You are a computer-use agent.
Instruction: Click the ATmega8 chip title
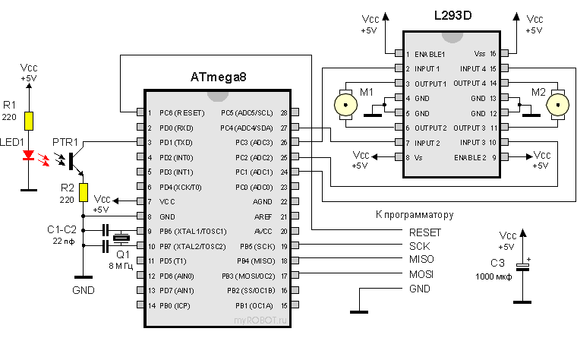pos(219,77)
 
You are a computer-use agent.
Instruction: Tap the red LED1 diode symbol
pos(29,156)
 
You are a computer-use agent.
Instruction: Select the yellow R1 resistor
pos(29,120)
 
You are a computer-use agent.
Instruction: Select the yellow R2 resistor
pos(84,193)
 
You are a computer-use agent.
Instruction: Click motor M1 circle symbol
pos(345,102)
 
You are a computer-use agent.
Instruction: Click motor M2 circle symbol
pos(559,102)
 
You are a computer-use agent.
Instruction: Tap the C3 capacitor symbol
pos(522,267)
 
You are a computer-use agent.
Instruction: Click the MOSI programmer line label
pos(421,274)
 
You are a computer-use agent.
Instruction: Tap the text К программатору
pos(415,215)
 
